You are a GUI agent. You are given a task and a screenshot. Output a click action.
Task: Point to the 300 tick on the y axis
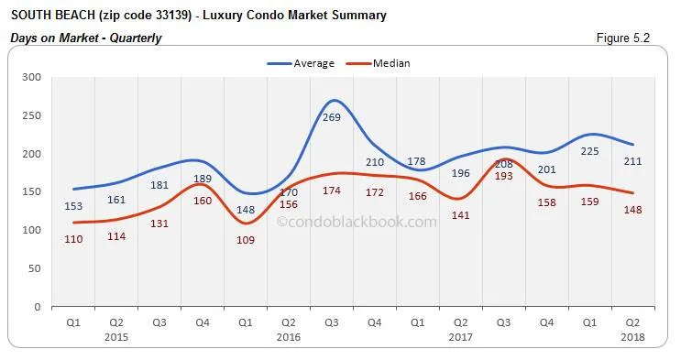(x=31, y=78)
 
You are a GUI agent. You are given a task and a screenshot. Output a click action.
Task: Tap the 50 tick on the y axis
(x=34, y=268)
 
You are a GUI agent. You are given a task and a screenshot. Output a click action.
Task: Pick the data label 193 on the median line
(x=503, y=176)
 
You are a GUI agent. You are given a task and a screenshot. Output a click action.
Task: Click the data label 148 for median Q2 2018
(x=632, y=210)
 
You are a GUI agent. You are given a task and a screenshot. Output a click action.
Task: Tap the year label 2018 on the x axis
(x=632, y=338)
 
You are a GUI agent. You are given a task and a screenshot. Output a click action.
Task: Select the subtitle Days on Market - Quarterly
(x=86, y=38)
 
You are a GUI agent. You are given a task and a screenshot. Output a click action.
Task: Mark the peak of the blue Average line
(x=335, y=100)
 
